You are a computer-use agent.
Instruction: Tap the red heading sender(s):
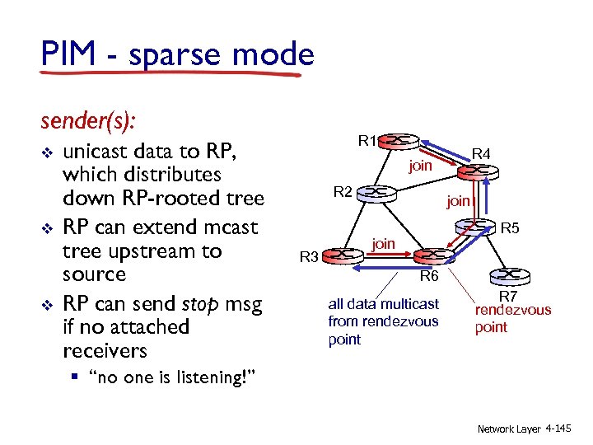89,121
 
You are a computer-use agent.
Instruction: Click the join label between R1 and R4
421,166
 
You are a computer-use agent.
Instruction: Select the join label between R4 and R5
458,200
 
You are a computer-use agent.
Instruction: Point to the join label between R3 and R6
384,243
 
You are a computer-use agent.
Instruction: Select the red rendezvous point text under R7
512,319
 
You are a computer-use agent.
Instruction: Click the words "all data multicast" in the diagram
383,305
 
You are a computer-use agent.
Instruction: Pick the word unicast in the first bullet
105,151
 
